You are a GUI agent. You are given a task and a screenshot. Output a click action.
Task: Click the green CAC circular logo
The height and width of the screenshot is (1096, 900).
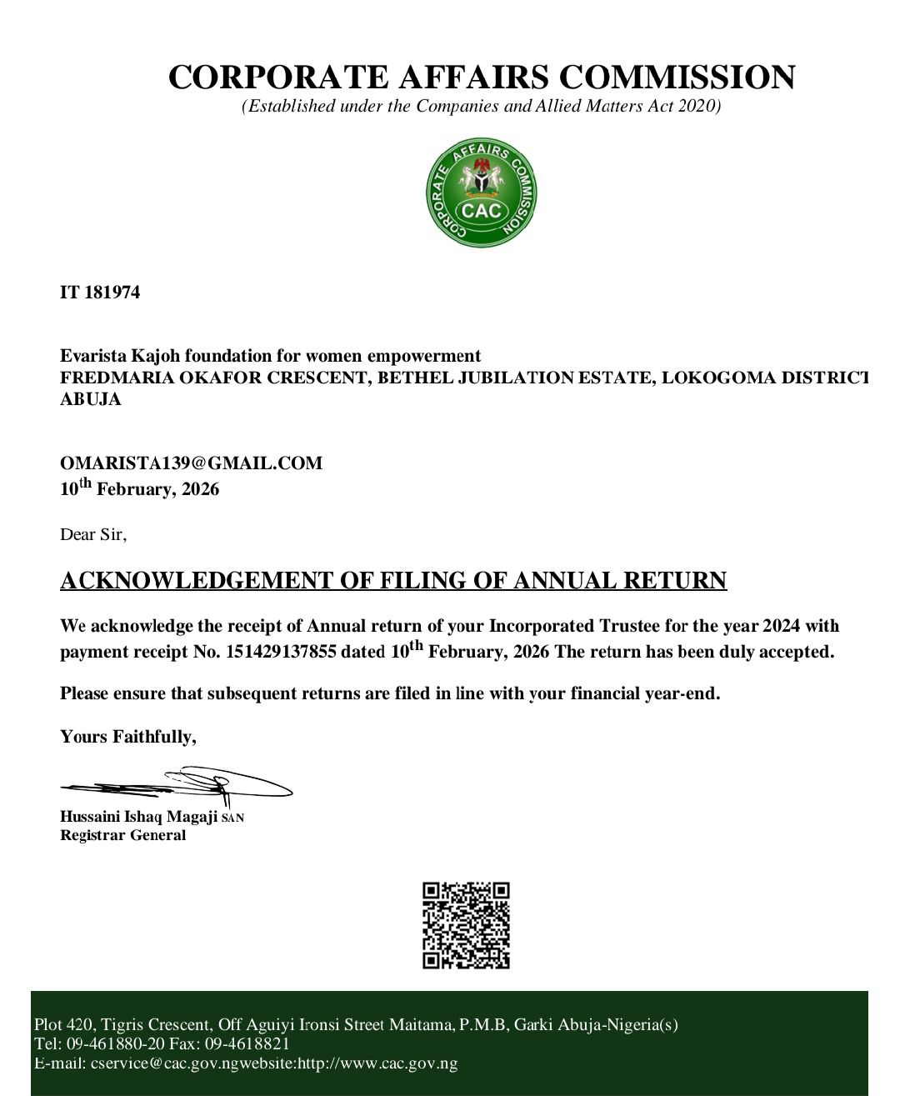[x=482, y=193]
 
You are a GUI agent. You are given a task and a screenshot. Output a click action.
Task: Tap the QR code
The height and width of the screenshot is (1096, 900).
[x=466, y=925]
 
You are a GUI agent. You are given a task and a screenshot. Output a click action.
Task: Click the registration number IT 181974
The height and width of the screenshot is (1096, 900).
[x=100, y=293]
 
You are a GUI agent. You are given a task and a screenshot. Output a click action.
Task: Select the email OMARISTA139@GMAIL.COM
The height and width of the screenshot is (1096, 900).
[x=191, y=463]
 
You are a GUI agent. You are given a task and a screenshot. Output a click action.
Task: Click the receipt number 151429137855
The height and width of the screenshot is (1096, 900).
[x=281, y=652]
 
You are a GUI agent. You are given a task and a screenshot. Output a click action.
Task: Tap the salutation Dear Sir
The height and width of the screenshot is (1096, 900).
[x=92, y=534]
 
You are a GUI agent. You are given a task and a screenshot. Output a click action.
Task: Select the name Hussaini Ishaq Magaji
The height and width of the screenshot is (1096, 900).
[x=139, y=817]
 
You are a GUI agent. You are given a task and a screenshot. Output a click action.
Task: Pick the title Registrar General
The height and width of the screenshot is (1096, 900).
[x=123, y=835]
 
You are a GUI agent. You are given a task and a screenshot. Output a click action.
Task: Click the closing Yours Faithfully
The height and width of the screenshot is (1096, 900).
[x=128, y=737]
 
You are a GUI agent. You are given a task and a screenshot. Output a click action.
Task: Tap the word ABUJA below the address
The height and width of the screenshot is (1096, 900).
[x=91, y=399]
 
